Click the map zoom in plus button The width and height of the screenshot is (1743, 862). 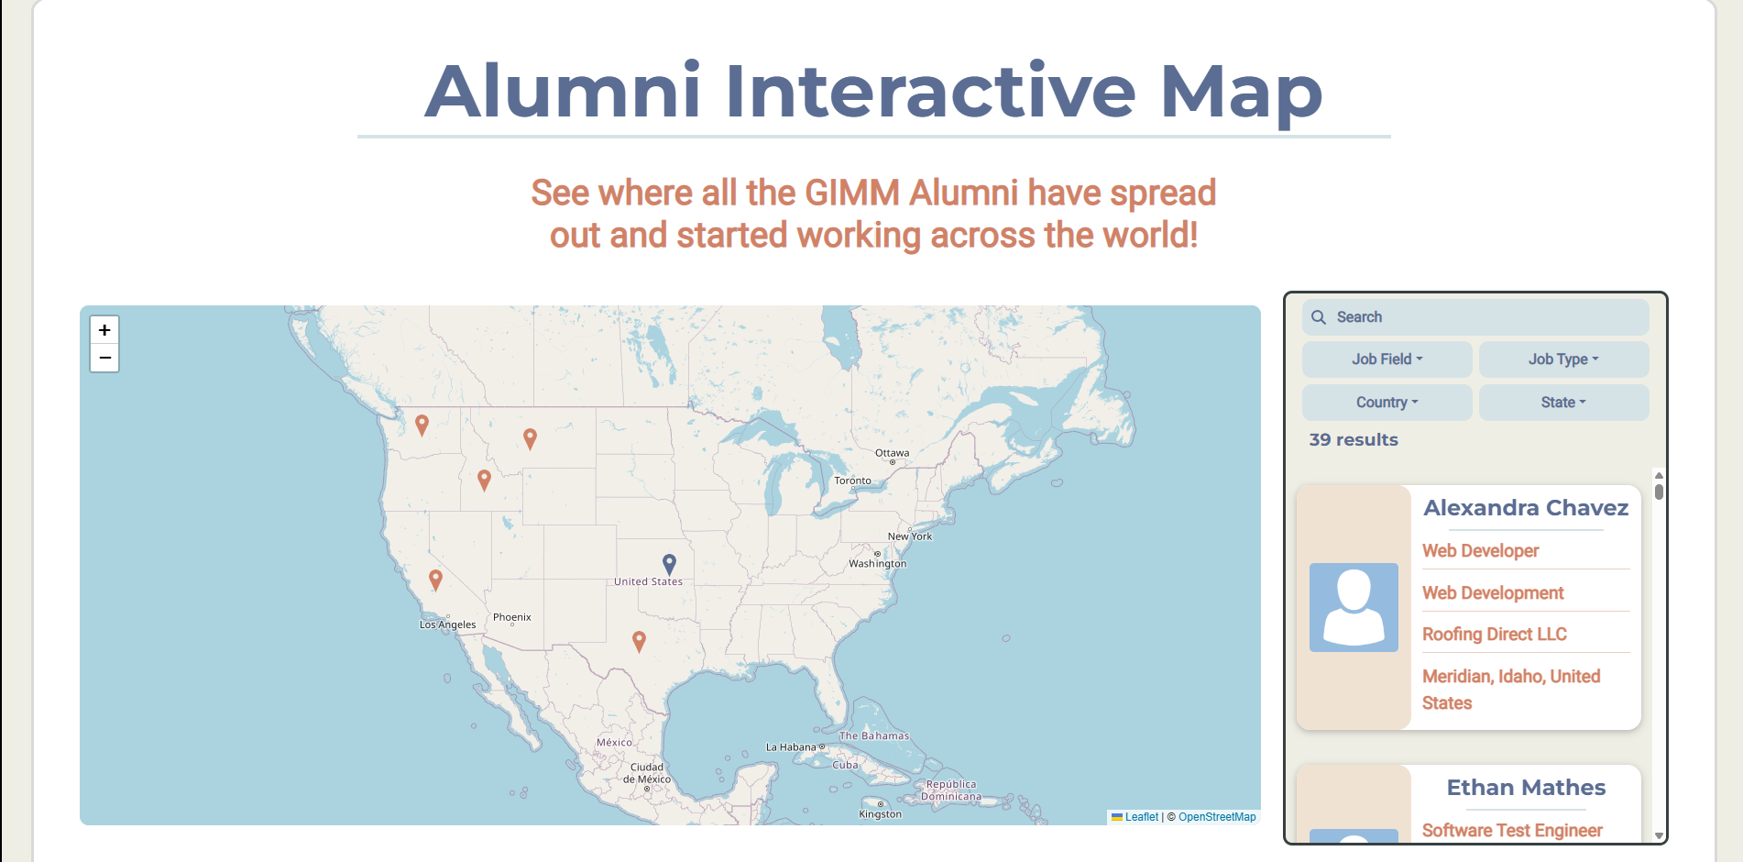(104, 330)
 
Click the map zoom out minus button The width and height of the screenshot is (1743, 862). (104, 358)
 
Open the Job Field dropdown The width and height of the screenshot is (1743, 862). (1387, 359)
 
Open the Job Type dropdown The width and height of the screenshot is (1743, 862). (1563, 359)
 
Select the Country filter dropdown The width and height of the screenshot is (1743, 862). (1387, 403)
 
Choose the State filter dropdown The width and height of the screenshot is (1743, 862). (1563, 403)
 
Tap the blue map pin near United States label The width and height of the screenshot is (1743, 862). (669, 563)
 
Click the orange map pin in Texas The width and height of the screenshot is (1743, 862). (640, 641)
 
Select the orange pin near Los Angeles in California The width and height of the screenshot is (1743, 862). (436, 580)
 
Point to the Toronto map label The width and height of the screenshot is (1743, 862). (852, 481)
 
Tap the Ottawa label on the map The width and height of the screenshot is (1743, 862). (892, 453)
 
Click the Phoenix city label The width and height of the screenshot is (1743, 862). (511, 617)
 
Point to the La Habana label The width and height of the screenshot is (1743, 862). (791, 747)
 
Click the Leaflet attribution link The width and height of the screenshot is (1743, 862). (1141, 817)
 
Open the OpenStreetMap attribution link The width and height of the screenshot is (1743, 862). (1217, 817)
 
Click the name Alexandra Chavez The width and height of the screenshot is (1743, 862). (1526, 508)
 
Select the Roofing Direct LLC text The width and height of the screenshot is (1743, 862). (1494, 635)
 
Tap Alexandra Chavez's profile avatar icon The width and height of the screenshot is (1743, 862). (1354, 607)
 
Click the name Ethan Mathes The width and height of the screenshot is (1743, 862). (1526, 788)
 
